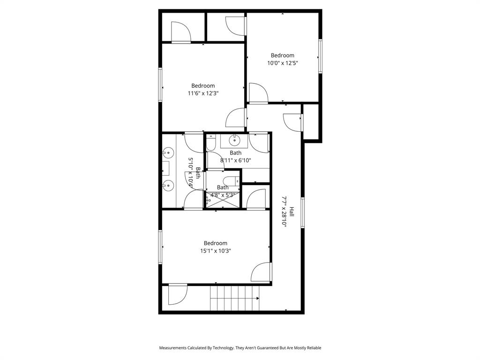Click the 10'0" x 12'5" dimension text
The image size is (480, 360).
[x=282, y=63]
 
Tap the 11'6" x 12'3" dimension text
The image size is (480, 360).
[x=203, y=93]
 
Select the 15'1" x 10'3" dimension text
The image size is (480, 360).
[x=215, y=251]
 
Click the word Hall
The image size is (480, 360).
[x=292, y=211]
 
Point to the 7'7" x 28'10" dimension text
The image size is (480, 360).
[x=284, y=211]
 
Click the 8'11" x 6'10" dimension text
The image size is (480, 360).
[x=236, y=160]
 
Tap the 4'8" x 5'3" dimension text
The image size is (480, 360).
[x=223, y=195]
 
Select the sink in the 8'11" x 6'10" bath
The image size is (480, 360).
[x=234, y=140]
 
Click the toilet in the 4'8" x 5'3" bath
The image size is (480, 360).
[x=230, y=181]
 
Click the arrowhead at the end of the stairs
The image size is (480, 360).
[x=258, y=298]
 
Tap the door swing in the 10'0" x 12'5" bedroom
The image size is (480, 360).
[x=257, y=93]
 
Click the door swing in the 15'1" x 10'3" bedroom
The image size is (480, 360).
[x=262, y=272]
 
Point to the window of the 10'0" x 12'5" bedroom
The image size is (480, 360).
[x=321, y=56]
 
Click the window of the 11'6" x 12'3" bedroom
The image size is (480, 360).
[x=160, y=85]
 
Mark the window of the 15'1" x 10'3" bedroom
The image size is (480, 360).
[x=160, y=247]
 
